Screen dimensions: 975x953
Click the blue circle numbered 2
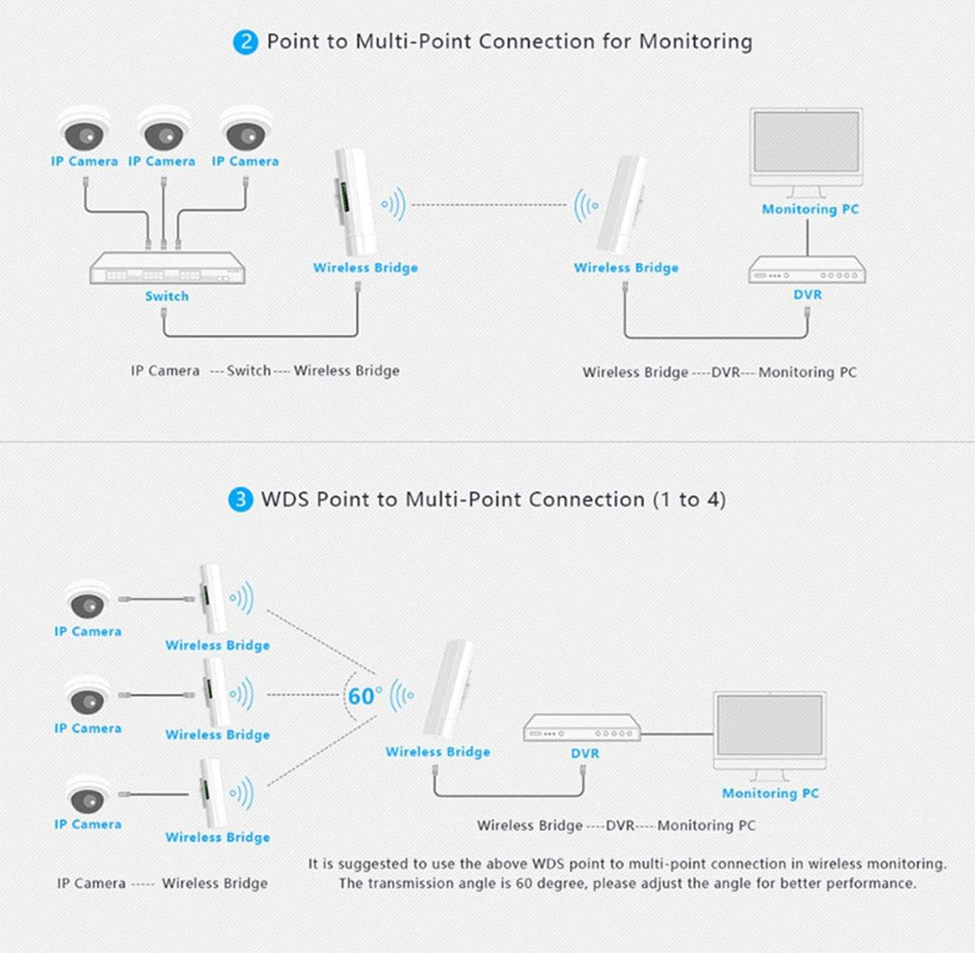click(246, 42)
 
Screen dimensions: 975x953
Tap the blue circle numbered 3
click(241, 499)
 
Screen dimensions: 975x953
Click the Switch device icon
click(168, 268)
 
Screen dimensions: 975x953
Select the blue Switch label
click(167, 296)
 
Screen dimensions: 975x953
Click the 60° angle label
click(365, 696)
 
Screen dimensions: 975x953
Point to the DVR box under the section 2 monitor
click(807, 269)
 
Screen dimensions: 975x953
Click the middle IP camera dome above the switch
click(164, 129)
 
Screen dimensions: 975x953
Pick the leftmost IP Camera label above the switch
click(84, 161)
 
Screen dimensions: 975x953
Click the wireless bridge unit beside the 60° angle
click(448, 690)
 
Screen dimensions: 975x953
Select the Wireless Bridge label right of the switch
click(365, 268)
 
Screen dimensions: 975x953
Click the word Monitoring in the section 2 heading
click(696, 42)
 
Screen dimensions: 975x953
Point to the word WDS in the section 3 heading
click(285, 499)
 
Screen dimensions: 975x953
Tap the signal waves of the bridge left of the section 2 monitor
click(586, 205)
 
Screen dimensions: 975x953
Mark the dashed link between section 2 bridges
click(488, 205)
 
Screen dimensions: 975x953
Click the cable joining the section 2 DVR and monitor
click(807, 238)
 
